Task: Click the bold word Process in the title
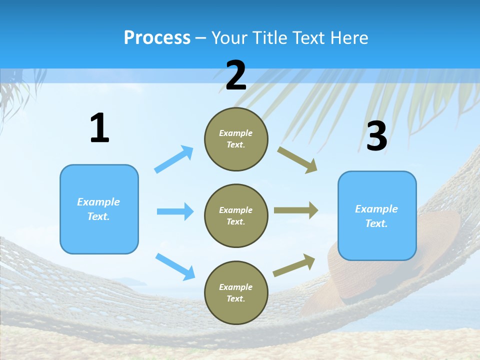pyautogui.click(x=157, y=37)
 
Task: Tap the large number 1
pyautogui.click(x=99, y=128)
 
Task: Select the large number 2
pyautogui.click(x=236, y=76)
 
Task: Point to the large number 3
pyautogui.click(x=376, y=136)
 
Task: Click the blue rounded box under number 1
pyautogui.click(x=99, y=209)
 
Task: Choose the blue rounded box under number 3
pyautogui.click(x=377, y=216)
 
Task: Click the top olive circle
pyautogui.click(x=236, y=139)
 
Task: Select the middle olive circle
pyautogui.click(x=236, y=215)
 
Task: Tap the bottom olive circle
pyautogui.click(x=236, y=292)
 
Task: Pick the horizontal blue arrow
pyautogui.click(x=175, y=211)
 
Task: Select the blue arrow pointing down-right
pyautogui.click(x=175, y=266)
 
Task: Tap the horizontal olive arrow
pyautogui.click(x=296, y=210)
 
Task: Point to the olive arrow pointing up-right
pyautogui.click(x=294, y=265)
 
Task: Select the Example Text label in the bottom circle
pyautogui.click(x=236, y=292)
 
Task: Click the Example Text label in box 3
pyautogui.click(x=376, y=216)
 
